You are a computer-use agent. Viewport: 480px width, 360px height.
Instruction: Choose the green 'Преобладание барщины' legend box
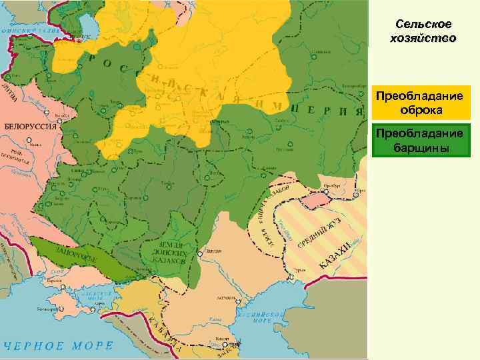[x=423, y=139]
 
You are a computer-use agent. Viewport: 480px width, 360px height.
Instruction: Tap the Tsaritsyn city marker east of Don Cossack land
[x=200, y=254]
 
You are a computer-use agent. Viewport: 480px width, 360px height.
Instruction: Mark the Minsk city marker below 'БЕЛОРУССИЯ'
[x=28, y=141]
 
